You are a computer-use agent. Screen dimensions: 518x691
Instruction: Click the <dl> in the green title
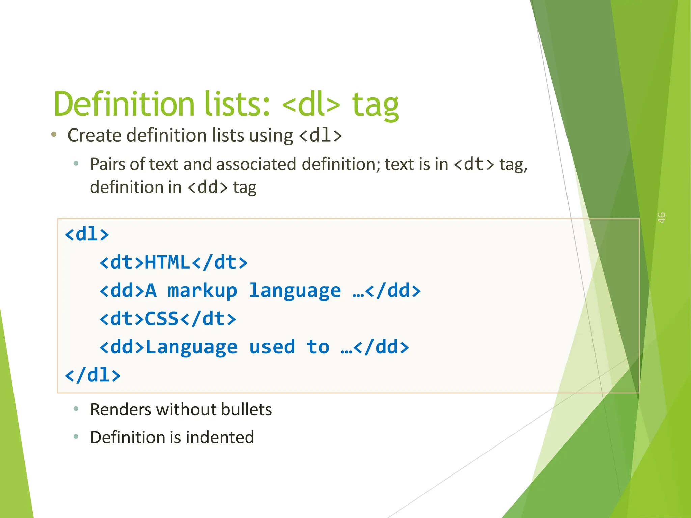311,105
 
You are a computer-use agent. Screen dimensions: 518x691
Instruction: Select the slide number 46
661,218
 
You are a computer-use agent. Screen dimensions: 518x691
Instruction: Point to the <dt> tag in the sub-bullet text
474,164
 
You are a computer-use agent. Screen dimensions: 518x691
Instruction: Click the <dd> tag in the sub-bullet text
208,187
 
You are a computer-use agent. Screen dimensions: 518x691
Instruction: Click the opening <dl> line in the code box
87,234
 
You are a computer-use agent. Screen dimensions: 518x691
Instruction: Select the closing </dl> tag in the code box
92,375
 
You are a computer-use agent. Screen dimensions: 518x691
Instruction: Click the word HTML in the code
167,262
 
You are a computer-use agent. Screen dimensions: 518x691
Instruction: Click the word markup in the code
202,291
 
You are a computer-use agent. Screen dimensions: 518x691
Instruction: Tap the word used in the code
272,347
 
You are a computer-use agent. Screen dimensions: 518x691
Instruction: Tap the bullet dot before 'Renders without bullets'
76,409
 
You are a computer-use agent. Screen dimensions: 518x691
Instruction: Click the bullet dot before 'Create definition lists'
54,135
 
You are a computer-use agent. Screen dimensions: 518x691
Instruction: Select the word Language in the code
191,348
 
